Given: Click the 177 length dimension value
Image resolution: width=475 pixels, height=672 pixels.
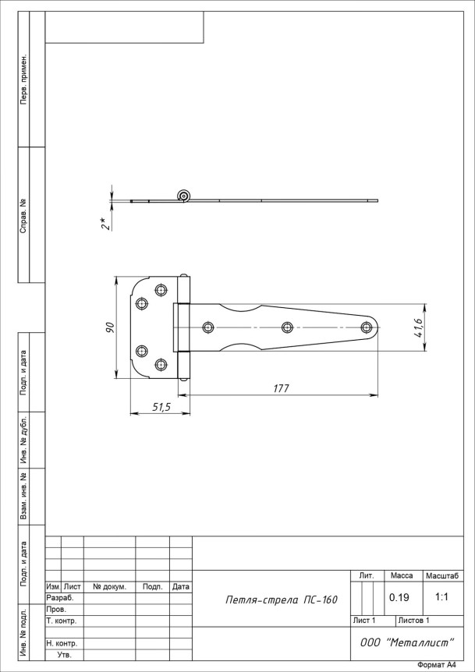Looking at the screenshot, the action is point(282,388).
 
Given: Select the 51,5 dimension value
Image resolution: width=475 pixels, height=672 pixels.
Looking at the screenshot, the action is point(161,407).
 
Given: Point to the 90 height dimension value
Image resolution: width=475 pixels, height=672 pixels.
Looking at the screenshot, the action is point(110,327).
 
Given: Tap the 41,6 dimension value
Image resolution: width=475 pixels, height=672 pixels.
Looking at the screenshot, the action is point(418,328).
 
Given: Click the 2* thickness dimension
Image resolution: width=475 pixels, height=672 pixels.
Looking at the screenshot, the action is point(105,223).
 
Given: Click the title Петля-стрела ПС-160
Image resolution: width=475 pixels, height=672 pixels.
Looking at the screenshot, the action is point(282,600).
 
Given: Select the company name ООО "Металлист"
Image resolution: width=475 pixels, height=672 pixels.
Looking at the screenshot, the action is point(406,642).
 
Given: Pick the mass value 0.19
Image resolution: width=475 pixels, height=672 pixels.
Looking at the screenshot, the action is point(399,597).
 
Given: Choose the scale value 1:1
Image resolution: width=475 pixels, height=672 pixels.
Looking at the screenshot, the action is point(441,596).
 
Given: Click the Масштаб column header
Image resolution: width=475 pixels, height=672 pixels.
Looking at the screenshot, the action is point(442,576).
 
